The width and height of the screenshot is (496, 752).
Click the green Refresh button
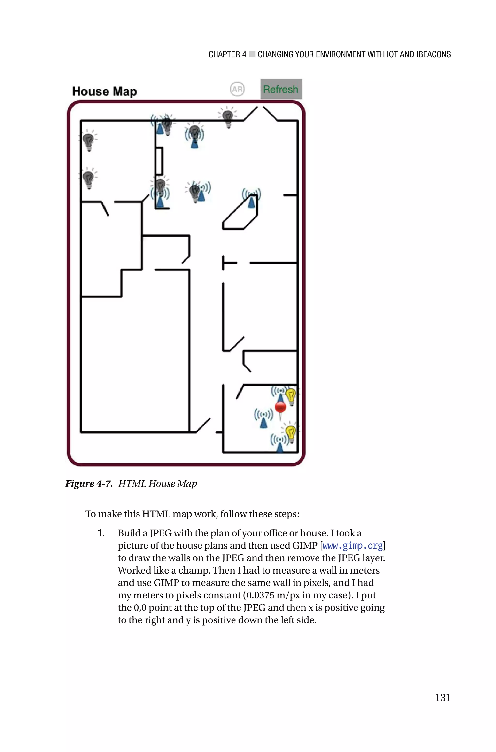pos(281,89)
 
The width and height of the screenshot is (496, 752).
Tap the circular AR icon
pos(237,89)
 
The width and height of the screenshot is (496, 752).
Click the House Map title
pos(104,91)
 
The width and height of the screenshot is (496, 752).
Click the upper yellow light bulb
pos(291,396)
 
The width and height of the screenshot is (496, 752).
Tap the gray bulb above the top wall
pos(227,117)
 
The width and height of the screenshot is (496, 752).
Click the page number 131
pos(442,698)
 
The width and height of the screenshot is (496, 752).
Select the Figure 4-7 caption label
pos(89,483)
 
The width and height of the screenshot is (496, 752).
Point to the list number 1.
pos(101,533)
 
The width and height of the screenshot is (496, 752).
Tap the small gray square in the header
pos(252,54)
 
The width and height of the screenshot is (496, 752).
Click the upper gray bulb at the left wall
pos(88,141)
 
